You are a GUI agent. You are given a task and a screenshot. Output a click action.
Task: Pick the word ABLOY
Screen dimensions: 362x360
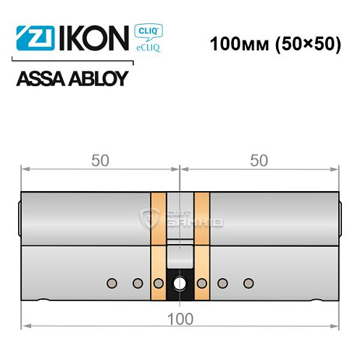(x=99, y=79)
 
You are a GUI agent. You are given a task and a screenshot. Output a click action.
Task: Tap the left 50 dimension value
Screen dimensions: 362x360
(x=101, y=161)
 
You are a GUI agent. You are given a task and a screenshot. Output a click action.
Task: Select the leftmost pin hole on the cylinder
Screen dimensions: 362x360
(x=112, y=282)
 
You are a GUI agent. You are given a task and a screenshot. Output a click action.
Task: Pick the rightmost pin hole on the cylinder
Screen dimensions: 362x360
(x=248, y=282)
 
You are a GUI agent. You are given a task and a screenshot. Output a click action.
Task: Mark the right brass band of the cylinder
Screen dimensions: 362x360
(x=201, y=246)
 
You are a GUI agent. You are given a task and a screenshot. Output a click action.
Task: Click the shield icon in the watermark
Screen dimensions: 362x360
(x=152, y=215)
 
